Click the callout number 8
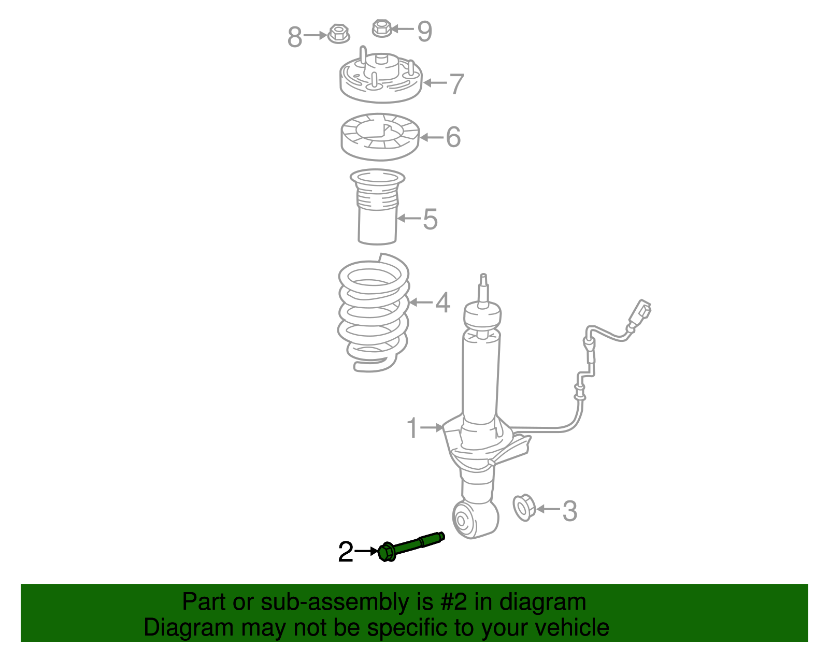pos(294,37)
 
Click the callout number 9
pos(425,31)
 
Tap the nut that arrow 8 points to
pos(339,34)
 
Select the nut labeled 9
pos(382,28)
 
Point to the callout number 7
pos(457,84)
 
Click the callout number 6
pos(453,137)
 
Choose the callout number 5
pos(431,219)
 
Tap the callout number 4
pos(442,303)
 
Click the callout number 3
pos(570,511)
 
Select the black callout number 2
pos(346,552)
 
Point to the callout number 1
pos(412,428)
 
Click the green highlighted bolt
pos(411,546)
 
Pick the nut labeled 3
pos(523,508)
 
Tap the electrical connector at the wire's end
pos(640,313)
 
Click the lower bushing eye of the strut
pos(475,519)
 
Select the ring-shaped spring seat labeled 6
pos(380,136)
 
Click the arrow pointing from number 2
pos(366,551)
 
